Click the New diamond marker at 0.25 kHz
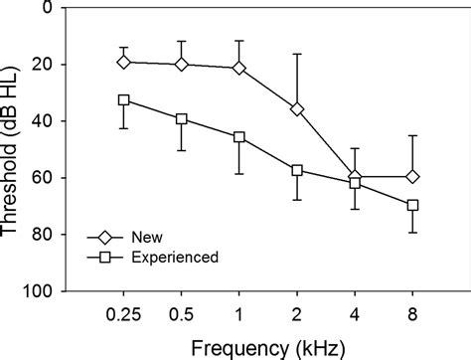pyautogui.click(x=124, y=62)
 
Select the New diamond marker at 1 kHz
pyautogui.click(x=239, y=68)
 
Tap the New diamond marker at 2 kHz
pyautogui.click(x=297, y=108)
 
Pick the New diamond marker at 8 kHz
pyautogui.click(x=413, y=176)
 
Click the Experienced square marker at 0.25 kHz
pyautogui.click(x=124, y=99)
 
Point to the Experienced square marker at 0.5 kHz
pyautogui.click(x=182, y=118)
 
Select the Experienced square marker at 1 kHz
pyautogui.click(x=239, y=136)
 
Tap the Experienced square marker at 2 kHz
pyautogui.click(x=297, y=170)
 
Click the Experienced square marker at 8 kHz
pyautogui.click(x=413, y=205)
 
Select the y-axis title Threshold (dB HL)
pyautogui.click(x=14, y=149)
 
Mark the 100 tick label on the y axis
pyautogui.click(x=42, y=292)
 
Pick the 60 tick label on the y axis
pyautogui.click(x=46, y=178)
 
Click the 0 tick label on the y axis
pyautogui.click(x=50, y=8)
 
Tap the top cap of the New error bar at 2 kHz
pyautogui.click(x=297, y=54)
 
